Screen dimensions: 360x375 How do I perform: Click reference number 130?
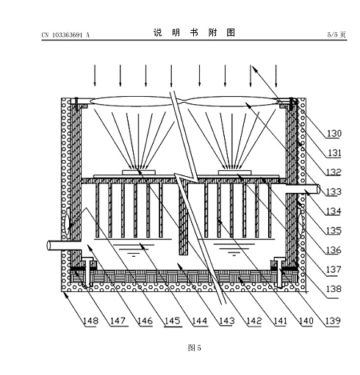(334, 134)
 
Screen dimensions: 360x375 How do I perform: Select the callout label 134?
(334, 211)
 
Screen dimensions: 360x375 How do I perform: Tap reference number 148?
(91, 321)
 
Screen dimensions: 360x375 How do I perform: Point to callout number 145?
(173, 321)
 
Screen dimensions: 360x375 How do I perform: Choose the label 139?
(333, 321)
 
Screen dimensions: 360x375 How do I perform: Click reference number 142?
(254, 321)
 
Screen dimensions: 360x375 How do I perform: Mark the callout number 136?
(334, 250)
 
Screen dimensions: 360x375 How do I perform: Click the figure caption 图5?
(195, 348)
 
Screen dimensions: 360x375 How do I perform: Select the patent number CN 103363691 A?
(65, 35)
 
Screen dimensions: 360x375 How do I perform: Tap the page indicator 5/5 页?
(336, 34)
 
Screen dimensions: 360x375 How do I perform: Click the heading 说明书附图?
(194, 32)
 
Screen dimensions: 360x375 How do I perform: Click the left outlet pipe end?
(49, 245)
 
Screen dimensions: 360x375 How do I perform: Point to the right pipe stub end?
(318, 189)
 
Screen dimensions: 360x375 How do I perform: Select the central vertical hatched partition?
(183, 219)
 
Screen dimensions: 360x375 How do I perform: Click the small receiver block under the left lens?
(139, 172)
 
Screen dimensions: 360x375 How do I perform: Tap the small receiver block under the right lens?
(235, 172)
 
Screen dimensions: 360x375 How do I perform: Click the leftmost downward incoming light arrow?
(95, 76)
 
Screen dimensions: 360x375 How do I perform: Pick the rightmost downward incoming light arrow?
(276, 76)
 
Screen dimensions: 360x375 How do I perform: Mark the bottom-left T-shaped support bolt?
(87, 272)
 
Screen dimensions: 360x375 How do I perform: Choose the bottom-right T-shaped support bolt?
(280, 272)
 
